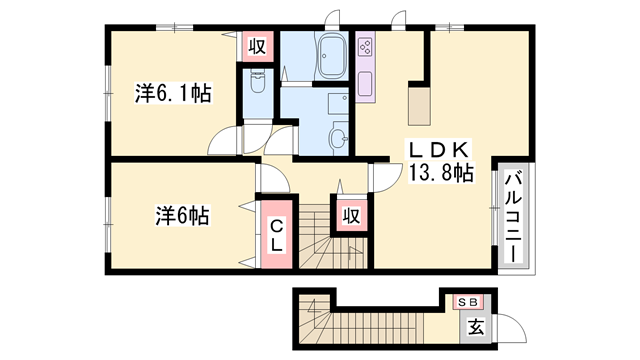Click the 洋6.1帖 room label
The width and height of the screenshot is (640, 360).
(x=173, y=93)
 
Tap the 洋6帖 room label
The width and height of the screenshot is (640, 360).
(x=182, y=215)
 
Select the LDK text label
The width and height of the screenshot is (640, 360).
(x=439, y=151)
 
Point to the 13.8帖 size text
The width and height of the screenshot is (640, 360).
(x=441, y=172)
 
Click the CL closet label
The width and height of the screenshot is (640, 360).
(x=277, y=236)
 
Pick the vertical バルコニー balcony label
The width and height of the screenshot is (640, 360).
(x=513, y=218)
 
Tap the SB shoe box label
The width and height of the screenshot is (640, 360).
(x=468, y=302)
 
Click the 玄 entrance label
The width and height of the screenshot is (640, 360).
(x=476, y=327)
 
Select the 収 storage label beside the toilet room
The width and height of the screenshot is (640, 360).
(x=257, y=46)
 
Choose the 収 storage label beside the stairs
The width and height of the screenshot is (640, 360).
(x=351, y=216)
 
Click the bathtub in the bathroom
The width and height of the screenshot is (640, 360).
(x=331, y=56)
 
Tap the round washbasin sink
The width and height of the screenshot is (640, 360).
(x=338, y=138)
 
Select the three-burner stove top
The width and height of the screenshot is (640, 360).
(x=365, y=47)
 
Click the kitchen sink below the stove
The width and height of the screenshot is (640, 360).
(x=365, y=84)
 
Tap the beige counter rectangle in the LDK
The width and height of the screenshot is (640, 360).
(x=419, y=106)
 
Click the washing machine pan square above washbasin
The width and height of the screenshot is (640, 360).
(x=338, y=104)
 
